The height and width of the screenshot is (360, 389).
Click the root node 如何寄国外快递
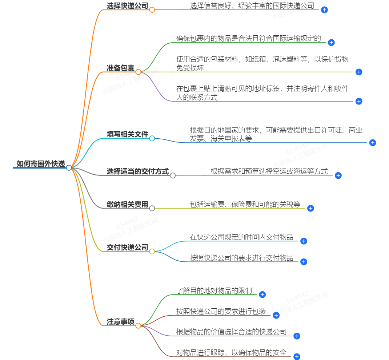40,163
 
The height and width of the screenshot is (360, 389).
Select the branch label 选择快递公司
128,5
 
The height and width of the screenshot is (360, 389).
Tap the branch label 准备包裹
120,68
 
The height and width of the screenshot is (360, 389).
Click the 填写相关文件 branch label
127,134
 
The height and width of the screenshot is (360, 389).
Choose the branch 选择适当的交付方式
138,171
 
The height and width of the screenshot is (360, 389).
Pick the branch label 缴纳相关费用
127,205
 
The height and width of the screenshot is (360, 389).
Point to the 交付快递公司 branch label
127,248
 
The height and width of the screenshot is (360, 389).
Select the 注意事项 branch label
120,322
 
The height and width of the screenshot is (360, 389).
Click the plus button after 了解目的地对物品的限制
262,294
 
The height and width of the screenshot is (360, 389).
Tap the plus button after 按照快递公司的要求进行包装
276,315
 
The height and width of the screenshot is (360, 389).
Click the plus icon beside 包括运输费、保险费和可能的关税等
310,208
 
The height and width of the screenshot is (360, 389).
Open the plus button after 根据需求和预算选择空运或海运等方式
338,175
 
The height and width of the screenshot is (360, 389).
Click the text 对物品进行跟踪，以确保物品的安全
231,352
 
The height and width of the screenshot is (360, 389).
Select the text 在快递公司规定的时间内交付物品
241,237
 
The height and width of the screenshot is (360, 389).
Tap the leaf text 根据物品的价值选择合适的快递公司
231,332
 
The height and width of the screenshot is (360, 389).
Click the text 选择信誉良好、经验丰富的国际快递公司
252,5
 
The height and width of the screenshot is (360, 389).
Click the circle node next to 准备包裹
138,72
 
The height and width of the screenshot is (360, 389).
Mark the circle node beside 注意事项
138,326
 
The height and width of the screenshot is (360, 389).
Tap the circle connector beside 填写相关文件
152,138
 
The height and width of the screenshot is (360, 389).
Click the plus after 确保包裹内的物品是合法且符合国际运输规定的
331,43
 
